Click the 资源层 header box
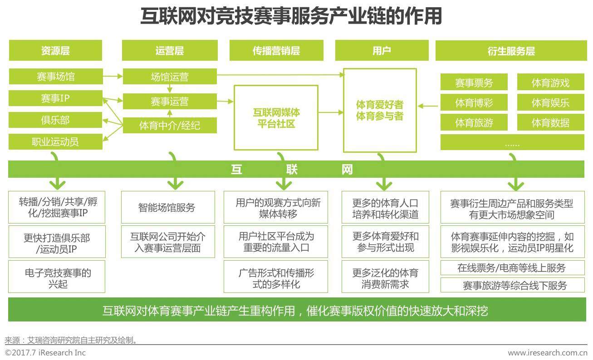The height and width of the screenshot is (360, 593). coord(55,50)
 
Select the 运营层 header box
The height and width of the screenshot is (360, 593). coord(169,50)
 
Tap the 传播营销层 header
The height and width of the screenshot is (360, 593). coord(276,50)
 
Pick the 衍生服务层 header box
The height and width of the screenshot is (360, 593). coord(511,51)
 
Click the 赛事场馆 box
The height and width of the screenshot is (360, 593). coord(55,76)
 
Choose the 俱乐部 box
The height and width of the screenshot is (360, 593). coord(55,120)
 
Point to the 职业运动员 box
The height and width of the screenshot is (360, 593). coord(55,142)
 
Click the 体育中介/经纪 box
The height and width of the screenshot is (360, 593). coord(169,126)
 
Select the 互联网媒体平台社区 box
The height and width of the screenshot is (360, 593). coord(276,117)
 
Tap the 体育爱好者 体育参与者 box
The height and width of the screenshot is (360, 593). coord(380,111)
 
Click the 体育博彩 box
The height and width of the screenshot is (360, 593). coord(474,103)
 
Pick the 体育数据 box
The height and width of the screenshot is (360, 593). coord(550,122)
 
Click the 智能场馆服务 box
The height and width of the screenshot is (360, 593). coord(167,207)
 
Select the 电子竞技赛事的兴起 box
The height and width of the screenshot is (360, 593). coord(57,278)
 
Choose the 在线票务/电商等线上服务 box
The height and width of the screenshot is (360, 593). coord(512,268)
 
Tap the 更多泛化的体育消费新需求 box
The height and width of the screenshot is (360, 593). coord(385,278)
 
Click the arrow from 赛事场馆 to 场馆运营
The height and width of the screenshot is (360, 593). coord(113,76)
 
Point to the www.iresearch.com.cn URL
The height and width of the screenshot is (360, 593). coord(548,353)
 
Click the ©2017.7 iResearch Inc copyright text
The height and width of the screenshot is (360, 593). coord(45,353)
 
